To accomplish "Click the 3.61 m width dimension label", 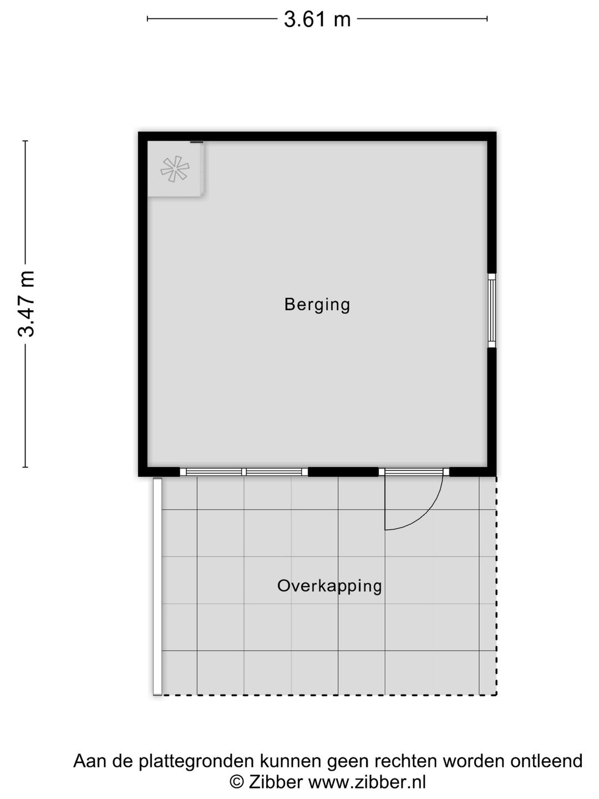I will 317,19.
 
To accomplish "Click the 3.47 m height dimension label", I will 27,304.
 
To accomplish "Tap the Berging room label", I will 317,304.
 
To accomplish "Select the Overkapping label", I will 329,586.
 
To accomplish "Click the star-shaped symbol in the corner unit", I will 175,169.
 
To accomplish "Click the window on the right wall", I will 491,310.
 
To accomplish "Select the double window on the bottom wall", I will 244,472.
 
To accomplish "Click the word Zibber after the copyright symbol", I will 276,782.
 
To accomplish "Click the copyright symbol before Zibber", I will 237,782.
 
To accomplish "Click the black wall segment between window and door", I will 343,472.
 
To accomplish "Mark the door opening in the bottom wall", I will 414,472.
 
